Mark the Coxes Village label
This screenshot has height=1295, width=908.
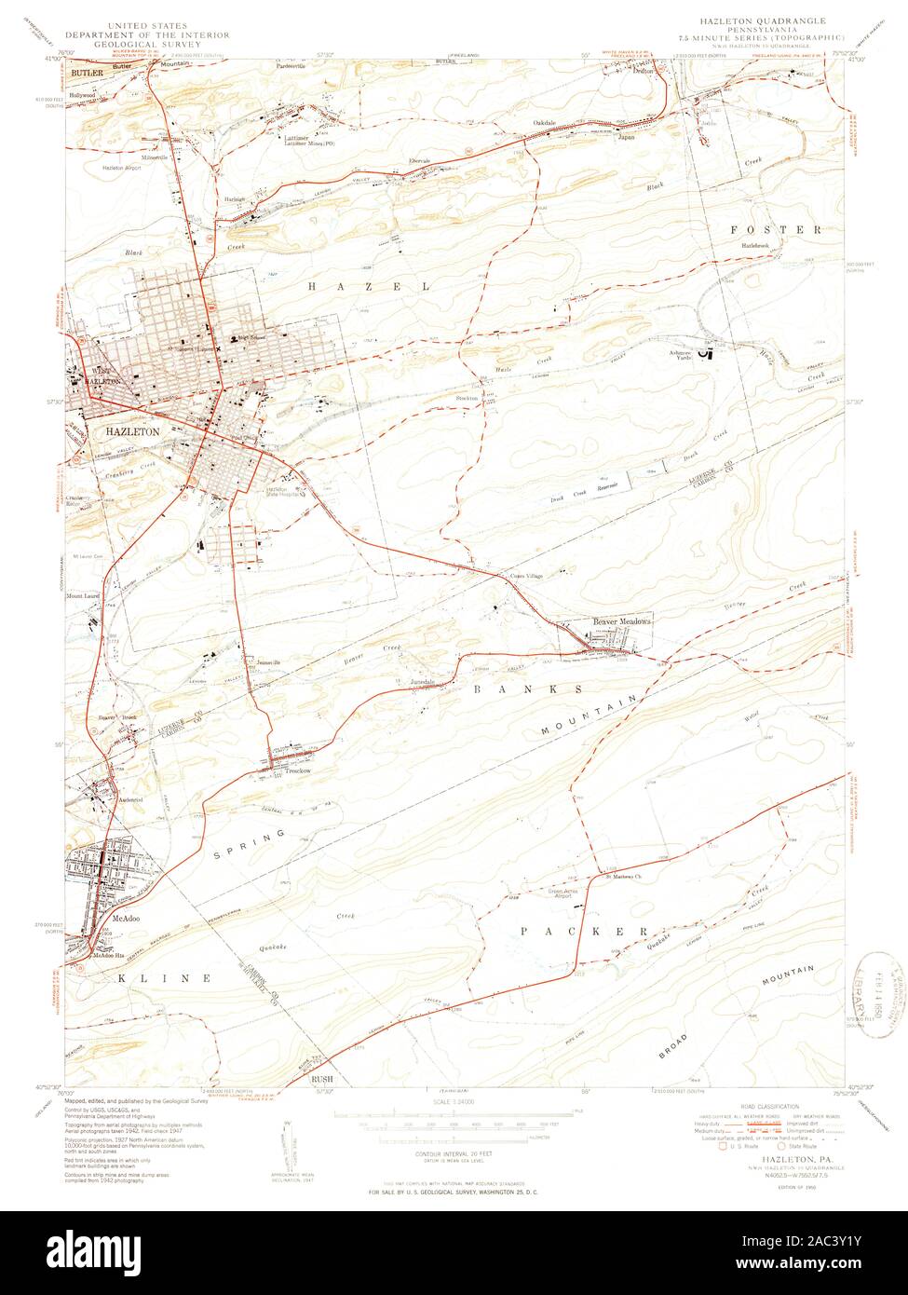525,576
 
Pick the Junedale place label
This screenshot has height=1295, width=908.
424,681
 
